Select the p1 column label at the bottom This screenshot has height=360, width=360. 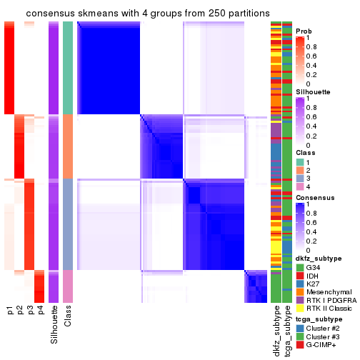pos(9,310)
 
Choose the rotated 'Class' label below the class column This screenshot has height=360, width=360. pos(68,314)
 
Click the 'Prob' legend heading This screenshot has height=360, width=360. pos(304,31)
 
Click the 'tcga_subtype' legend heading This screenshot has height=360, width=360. pos(320,319)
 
